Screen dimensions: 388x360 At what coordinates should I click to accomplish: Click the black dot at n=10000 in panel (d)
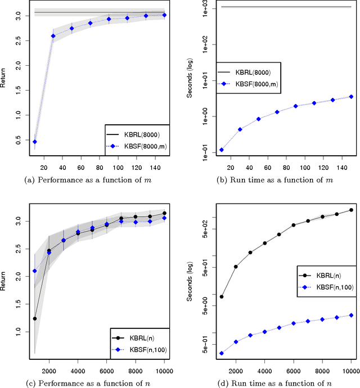click(x=351, y=210)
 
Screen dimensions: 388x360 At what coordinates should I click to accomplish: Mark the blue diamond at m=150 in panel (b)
click(x=351, y=97)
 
